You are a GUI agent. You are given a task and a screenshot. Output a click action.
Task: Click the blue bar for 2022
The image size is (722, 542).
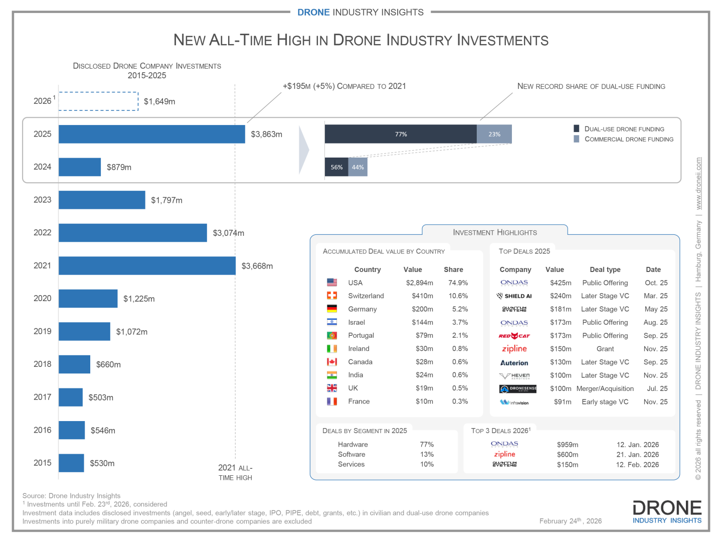(x=133, y=233)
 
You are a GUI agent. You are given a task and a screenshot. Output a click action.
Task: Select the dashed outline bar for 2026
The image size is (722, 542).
(x=99, y=101)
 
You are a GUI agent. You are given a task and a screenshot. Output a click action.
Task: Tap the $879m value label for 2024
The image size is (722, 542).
(x=119, y=167)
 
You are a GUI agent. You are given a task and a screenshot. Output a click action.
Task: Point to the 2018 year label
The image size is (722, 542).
(x=43, y=364)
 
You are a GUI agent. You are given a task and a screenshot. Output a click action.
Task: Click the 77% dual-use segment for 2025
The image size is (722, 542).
(x=401, y=134)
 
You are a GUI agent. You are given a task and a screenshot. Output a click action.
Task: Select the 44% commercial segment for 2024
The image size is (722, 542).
(x=358, y=167)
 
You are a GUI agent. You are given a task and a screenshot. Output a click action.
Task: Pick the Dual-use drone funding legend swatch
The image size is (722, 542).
(x=577, y=128)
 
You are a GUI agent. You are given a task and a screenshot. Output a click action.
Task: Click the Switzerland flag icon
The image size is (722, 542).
(x=332, y=296)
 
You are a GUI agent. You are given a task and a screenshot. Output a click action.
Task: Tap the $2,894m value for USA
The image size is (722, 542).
(x=419, y=283)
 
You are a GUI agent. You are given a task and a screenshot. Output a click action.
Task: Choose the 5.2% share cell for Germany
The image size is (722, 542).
(x=460, y=309)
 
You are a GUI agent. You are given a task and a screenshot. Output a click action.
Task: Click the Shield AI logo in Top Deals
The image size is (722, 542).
(x=514, y=296)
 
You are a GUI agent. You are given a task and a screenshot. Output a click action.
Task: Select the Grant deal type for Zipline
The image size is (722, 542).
(x=605, y=349)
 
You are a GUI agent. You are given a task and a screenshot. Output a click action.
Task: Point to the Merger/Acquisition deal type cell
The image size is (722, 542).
(x=605, y=388)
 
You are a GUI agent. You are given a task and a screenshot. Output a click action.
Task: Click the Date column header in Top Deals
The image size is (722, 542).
(x=653, y=269)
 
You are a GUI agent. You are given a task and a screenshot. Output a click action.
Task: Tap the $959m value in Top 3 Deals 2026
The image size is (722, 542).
(x=568, y=445)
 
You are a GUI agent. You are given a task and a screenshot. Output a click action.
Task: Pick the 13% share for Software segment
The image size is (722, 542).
(x=427, y=454)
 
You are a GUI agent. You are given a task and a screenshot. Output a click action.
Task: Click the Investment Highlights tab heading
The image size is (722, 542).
(x=495, y=232)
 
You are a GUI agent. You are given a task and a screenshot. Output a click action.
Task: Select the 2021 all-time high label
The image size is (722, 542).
(x=235, y=472)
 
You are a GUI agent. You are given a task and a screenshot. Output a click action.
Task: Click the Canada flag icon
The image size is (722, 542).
(x=332, y=362)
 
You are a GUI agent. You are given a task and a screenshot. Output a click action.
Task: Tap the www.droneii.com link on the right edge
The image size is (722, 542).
(x=698, y=184)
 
